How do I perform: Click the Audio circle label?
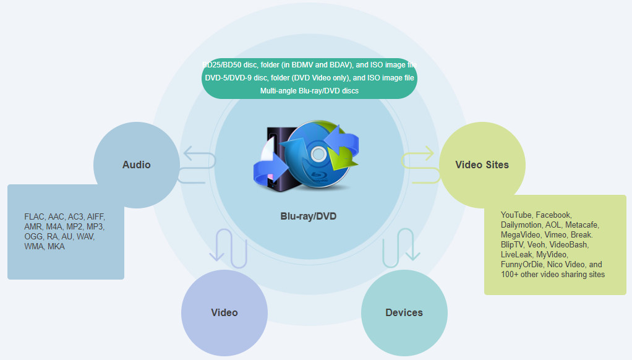136,165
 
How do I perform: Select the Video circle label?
224,312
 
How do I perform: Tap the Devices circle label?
404,312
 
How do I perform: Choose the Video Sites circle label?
482,165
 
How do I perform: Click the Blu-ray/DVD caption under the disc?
309,216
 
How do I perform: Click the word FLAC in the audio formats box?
35,217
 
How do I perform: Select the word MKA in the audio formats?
56,247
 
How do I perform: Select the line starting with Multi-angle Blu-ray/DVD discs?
309,91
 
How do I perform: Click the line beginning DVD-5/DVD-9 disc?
309,78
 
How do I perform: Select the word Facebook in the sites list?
553,215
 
